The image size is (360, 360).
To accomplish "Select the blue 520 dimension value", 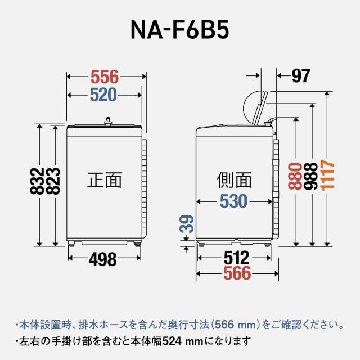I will pyautogui.click(x=104, y=94).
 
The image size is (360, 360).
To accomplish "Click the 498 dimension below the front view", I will pyautogui.click(x=103, y=259).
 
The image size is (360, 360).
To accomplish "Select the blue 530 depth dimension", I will pyautogui.click(x=233, y=201).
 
